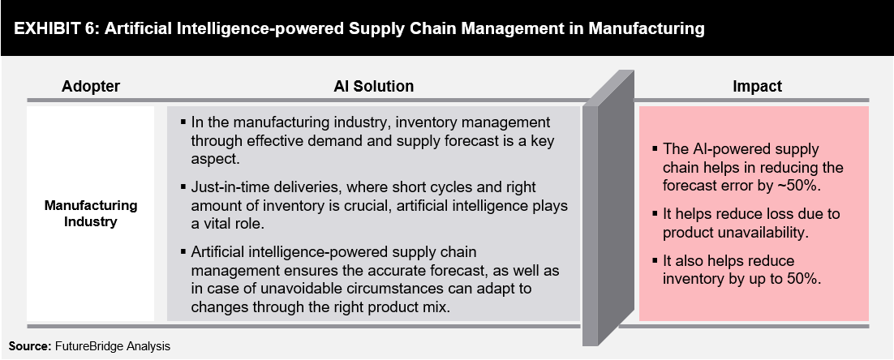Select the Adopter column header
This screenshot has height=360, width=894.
point(91,86)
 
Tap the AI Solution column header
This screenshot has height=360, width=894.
point(373,86)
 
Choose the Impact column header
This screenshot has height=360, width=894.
point(757,86)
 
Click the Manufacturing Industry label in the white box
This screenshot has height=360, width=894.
point(91,213)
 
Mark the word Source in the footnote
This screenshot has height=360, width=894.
point(30,345)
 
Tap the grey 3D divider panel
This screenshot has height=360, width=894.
point(608,208)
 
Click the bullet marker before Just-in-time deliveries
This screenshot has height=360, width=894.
point(183,186)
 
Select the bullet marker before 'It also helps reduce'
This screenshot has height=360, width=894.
point(655,260)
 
